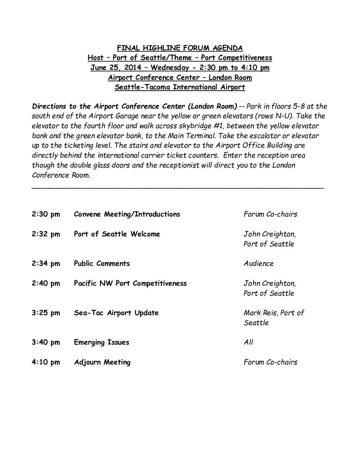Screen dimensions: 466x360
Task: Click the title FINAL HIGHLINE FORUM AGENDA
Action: coord(180,48)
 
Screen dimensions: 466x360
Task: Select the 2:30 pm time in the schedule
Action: coord(46,214)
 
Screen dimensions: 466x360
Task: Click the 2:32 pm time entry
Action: coord(46,234)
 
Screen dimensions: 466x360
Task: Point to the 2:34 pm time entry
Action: coord(46,263)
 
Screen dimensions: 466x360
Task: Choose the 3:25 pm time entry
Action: coord(46,313)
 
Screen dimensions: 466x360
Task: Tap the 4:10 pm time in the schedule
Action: coord(46,362)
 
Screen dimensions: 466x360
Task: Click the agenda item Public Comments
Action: coord(102,263)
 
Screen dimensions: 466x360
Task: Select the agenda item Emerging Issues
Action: coord(102,342)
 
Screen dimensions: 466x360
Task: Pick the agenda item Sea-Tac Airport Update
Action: coord(116,313)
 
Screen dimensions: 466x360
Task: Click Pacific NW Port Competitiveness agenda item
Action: coord(130,283)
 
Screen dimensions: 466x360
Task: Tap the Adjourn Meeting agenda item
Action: coord(102,362)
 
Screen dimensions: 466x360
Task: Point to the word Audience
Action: coord(259,263)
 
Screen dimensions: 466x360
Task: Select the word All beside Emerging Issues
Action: coord(248,342)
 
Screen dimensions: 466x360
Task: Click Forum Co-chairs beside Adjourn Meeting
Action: coord(270,362)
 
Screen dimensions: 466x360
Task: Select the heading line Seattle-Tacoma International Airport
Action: coord(180,87)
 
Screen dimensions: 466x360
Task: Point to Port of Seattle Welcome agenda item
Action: coord(117,234)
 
